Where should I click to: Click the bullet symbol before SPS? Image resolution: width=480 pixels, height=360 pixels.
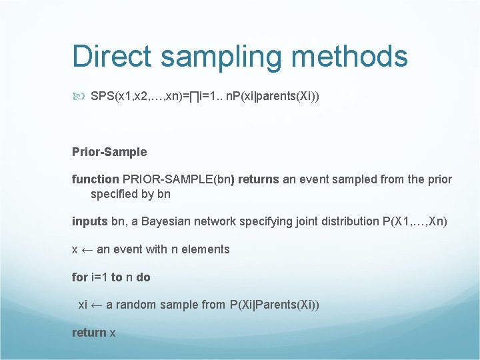pyautogui.click(x=79, y=96)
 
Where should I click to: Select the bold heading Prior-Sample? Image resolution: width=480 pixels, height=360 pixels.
pyautogui.click(x=109, y=151)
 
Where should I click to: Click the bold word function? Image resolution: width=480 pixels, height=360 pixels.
pyautogui.click(x=95, y=179)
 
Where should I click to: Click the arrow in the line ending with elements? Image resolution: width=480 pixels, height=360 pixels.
pyautogui.click(x=87, y=249)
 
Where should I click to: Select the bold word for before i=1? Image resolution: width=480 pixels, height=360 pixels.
pyautogui.click(x=79, y=277)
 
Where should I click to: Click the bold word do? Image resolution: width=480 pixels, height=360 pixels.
pyautogui.click(x=143, y=277)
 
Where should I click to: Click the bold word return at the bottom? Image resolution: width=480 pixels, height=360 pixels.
pyautogui.click(x=89, y=332)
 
